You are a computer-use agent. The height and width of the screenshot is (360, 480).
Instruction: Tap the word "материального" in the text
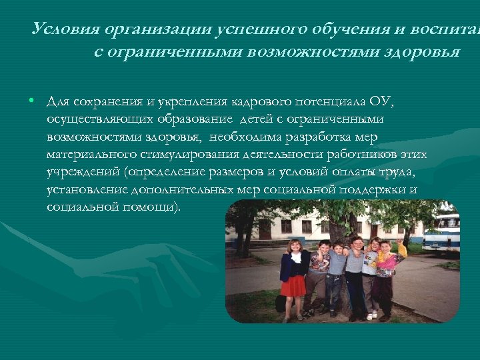(x=89, y=155)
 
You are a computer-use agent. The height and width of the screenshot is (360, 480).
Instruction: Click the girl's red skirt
(x=293, y=285)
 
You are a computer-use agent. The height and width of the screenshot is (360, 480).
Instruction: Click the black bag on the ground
(x=281, y=303)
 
